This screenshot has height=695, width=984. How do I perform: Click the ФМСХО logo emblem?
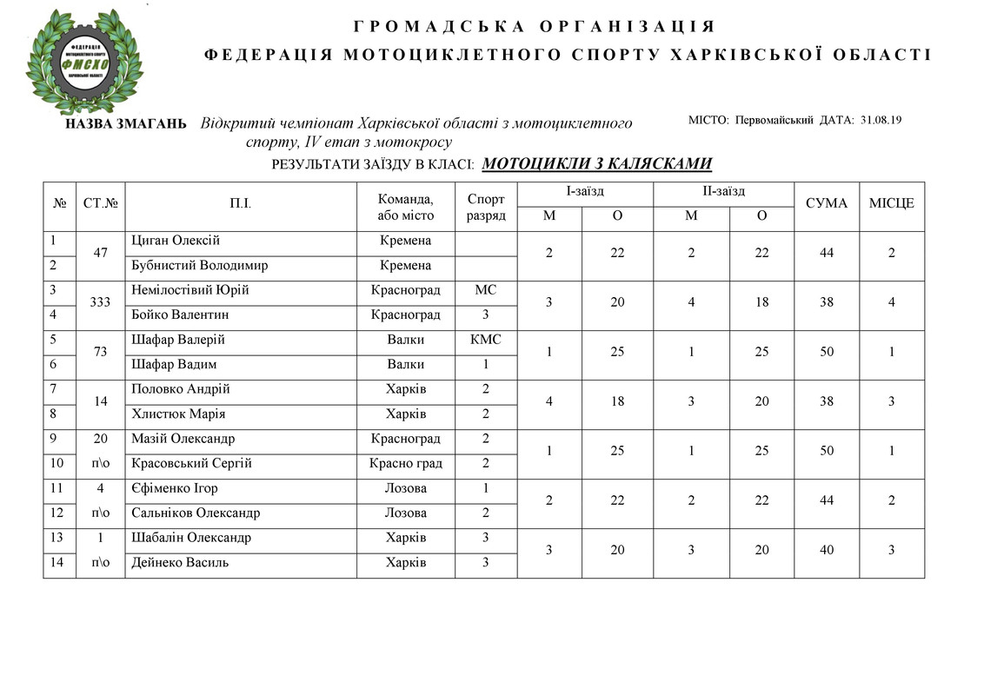tap(84, 63)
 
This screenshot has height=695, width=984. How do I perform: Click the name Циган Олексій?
tap(175, 241)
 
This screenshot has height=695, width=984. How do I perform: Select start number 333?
tap(101, 302)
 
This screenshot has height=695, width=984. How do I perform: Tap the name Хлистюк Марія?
tap(174, 414)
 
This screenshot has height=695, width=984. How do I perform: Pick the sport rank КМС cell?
tap(485, 340)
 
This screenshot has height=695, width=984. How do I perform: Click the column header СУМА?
tap(826, 203)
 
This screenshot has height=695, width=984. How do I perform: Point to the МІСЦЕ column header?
tap(891, 203)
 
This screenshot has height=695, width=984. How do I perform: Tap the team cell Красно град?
tap(406, 464)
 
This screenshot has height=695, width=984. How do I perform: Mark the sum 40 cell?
tap(826, 551)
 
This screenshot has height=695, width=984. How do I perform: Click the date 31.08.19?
tap(880, 120)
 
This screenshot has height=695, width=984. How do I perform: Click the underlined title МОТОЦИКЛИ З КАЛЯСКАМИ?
tap(597, 163)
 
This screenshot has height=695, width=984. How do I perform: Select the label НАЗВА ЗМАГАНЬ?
tap(126, 124)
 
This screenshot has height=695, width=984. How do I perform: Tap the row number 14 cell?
tap(57, 563)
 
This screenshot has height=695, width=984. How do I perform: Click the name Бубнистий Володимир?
tap(199, 266)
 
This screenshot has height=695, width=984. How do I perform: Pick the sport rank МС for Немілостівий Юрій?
tap(485, 290)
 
